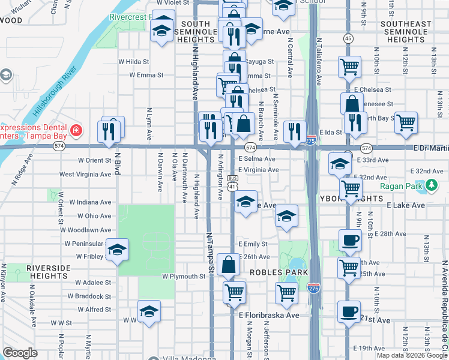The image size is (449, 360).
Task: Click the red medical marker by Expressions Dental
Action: [x=76, y=130]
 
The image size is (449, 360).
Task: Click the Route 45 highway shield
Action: [x=348, y=38]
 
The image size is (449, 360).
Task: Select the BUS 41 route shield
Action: [x=233, y=182]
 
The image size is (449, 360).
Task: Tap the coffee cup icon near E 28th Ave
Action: [x=349, y=241]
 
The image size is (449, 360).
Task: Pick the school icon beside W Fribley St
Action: [x=117, y=250]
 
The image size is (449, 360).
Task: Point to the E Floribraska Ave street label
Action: [x=268, y=315]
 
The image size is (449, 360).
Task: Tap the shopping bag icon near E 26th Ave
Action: [x=229, y=264]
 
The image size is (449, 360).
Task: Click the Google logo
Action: [x=20, y=353]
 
